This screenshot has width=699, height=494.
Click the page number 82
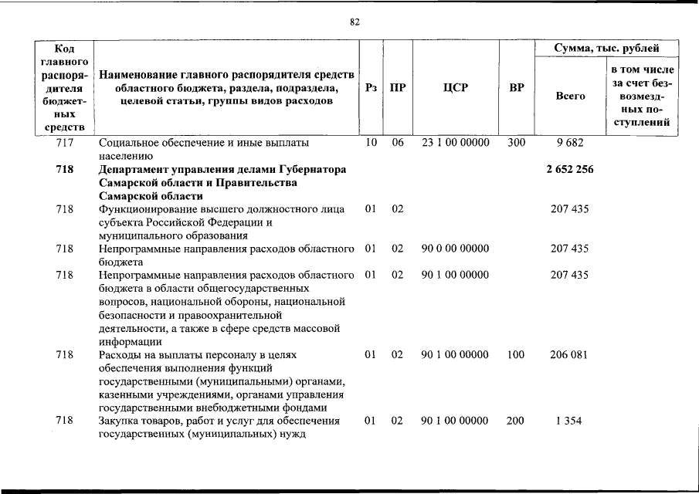click(355, 22)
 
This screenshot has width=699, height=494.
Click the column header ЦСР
click(456, 88)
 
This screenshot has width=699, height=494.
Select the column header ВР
click(516, 88)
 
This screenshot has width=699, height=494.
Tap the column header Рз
click(371, 88)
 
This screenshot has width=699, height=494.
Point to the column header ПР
click(397, 88)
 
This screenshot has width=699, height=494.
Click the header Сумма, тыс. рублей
click(606, 49)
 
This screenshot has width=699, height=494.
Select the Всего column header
click(570, 96)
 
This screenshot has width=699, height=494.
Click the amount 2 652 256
click(569, 170)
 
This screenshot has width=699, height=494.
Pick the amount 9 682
click(569, 143)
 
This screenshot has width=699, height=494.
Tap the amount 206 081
click(569, 355)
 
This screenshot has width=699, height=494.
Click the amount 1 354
click(569, 421)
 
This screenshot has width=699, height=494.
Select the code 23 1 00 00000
click(455, 143)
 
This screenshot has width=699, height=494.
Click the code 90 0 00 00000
click(455, 249)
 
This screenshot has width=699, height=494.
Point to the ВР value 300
click(515, 143)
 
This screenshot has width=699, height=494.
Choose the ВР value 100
click(515, 355)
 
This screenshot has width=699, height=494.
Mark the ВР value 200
click(515, 421)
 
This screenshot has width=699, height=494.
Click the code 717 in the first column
click(65, 143)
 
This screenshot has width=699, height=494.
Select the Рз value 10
click(371, 143)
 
